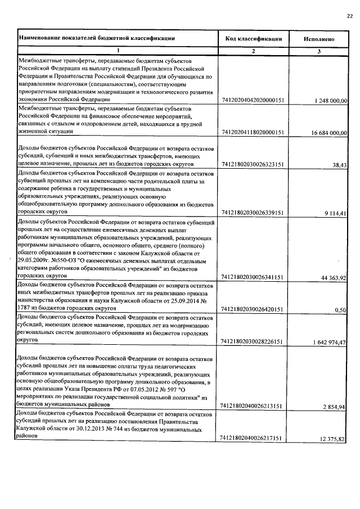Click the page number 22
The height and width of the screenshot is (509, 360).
tap(349, 15)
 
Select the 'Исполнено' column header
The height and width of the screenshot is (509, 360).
tap(319, 39)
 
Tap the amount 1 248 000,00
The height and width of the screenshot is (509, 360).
tap(328, 101)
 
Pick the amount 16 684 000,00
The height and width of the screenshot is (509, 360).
tap(325, 133)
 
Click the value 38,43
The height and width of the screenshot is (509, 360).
tap(339, 165)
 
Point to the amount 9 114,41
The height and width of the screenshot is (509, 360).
tap(336, 214)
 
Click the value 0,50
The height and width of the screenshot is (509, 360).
tap(340, 310)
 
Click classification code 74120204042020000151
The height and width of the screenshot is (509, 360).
tap(253, 101)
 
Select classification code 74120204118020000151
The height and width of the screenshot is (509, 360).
tap(253, 133)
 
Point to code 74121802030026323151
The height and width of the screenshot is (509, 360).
tap(253, 165)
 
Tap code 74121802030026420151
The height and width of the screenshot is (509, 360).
tap(253, 310)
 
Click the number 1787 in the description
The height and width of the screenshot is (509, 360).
tap(26, 308)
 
